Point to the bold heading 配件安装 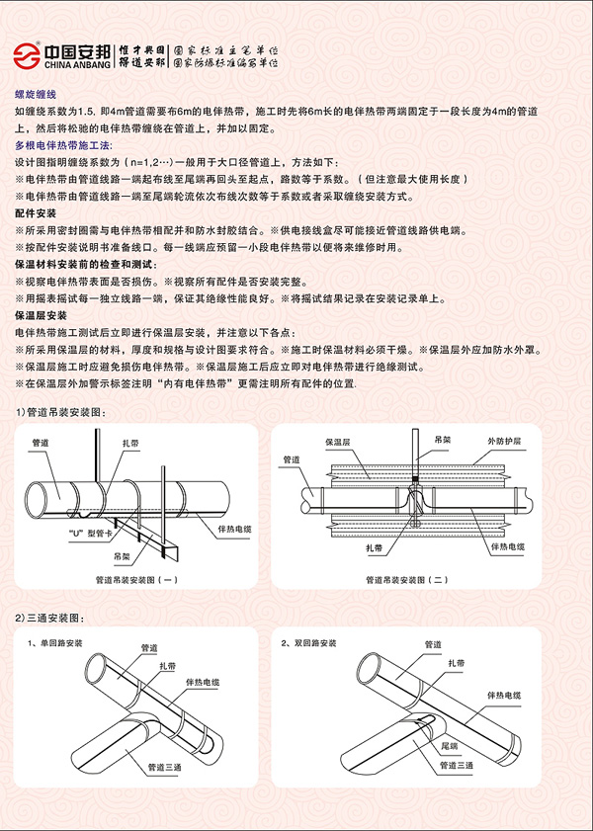(36, 213)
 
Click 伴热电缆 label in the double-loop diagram (504, 696)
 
